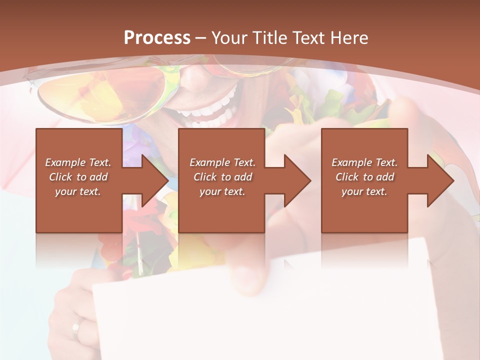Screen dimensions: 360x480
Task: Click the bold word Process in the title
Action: click(x=157, y=38)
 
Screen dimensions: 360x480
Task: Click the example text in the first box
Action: click(x=78, y=177)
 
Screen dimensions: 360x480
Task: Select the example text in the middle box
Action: click(x=222, y=177)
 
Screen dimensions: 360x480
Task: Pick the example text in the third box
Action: click(x=364, y=177)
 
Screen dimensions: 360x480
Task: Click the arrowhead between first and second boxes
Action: click(x=153, y=180)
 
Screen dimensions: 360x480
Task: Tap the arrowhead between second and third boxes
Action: click(x=296, y=180)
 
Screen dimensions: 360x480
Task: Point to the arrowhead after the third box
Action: click(x=439, y=180)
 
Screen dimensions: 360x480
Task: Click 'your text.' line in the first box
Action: click(x=78, y=191)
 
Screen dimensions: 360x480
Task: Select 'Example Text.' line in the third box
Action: click(x=364, y=162)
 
